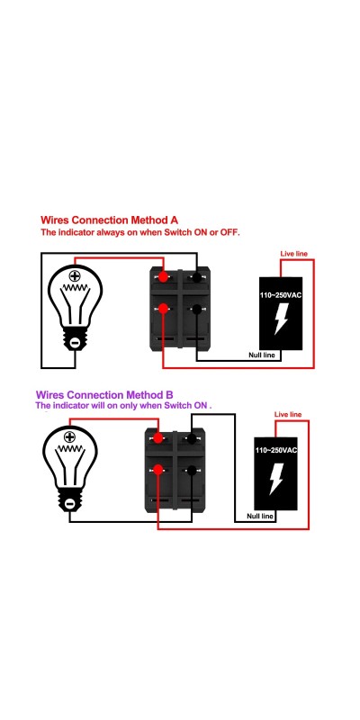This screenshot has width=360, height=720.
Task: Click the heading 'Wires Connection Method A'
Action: point(109,220)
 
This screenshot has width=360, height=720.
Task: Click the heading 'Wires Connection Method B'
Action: point(104,395)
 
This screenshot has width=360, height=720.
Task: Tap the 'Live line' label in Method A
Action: point(294,254)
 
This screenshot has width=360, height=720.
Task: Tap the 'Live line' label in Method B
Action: point(288,415)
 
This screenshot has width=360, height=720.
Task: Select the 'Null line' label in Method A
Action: point(262,355)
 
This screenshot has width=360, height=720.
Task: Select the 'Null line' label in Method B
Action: point(260,516)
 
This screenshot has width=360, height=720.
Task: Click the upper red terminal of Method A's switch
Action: point(163,277)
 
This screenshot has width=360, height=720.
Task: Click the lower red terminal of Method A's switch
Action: point(163,309)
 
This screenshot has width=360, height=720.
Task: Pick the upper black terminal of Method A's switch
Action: point(197,277)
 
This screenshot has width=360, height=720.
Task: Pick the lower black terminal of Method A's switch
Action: point(197,310)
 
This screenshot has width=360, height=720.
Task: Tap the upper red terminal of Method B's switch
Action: point(158,438)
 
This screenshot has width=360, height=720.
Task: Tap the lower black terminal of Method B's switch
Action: point(192,470)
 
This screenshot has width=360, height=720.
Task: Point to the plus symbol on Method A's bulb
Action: point(75,276)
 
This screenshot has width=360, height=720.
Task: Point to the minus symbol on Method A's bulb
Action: point(75,342)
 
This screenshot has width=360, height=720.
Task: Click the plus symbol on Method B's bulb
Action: point(69,436)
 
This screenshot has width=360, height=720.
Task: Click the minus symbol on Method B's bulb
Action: point(69,504)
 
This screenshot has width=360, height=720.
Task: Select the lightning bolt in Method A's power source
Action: point(280,320)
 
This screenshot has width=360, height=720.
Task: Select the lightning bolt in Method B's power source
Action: point(275,479)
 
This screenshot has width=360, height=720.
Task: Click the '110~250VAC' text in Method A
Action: point(281,295)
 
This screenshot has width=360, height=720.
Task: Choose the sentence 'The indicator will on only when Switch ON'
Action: point(123,406)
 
